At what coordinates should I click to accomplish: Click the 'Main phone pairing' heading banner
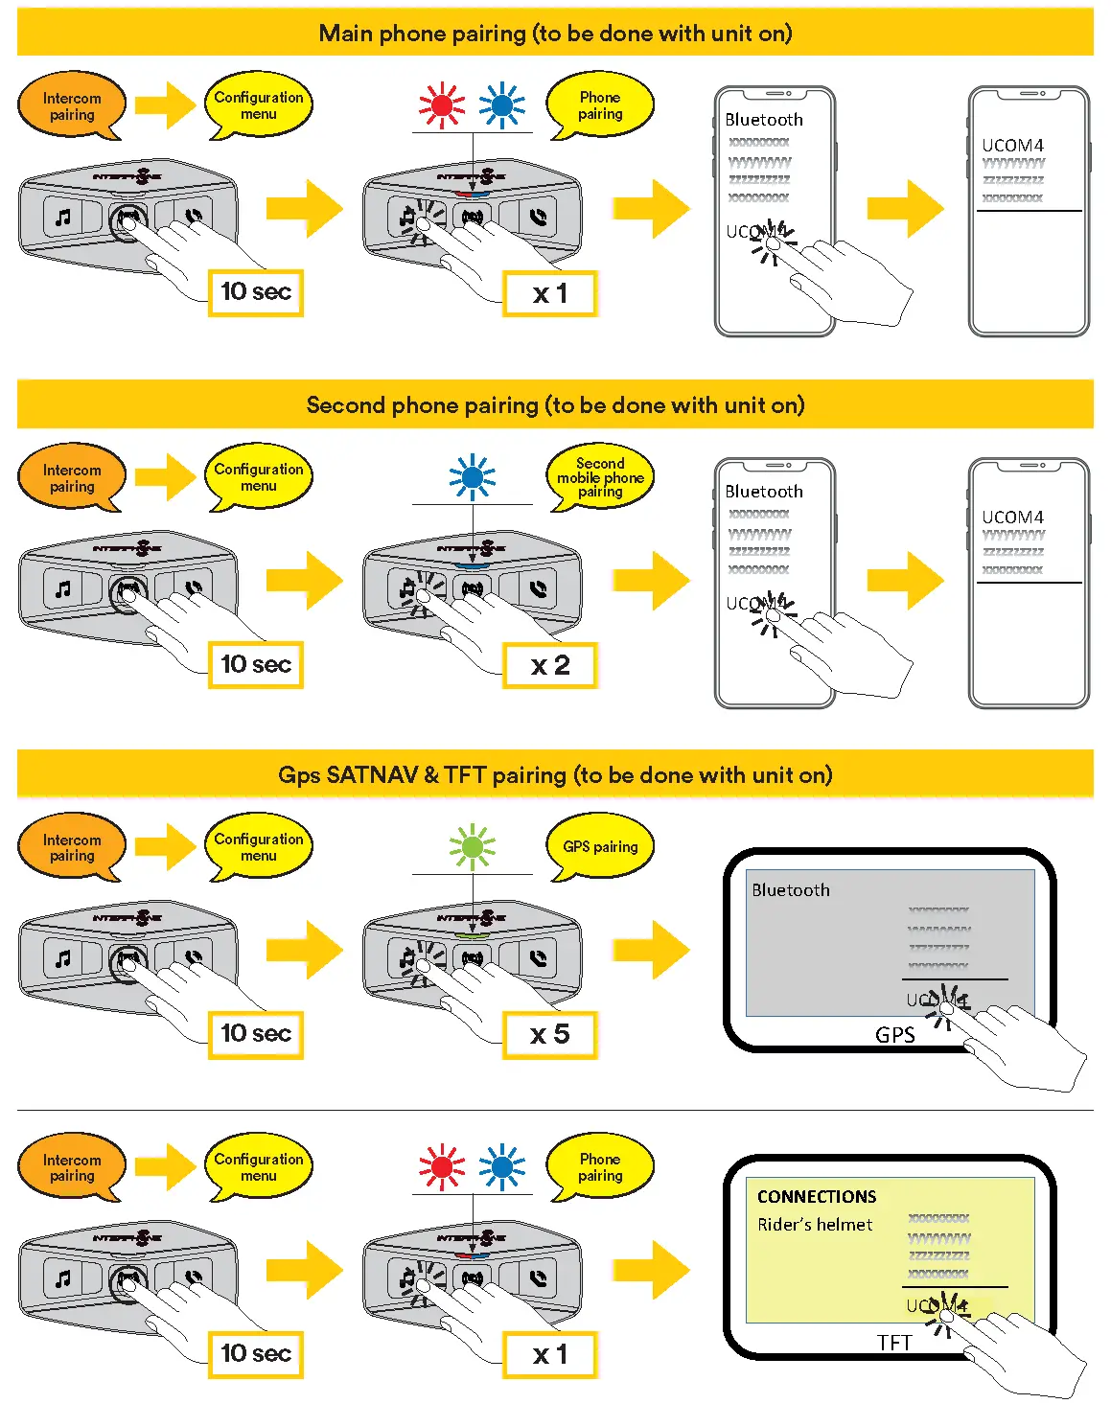click(x=555, y=34)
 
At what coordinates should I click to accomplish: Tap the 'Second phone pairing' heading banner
click(x=555, y=405)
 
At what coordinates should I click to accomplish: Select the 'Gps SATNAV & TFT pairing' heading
click(x=555, y=775)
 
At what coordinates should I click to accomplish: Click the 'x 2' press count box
click(x=550, y=665)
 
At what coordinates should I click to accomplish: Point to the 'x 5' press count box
click(x=550, y=1035)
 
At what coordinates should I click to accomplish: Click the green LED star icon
click(x=473, y=847)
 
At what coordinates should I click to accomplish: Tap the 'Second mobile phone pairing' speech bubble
click(x=600, y=477)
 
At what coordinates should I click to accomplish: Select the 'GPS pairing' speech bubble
click(x=600, y=847)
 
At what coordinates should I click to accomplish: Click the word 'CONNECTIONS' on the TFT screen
click(x=817, y=1197)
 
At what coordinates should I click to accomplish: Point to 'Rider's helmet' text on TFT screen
click(x=815, y=1225)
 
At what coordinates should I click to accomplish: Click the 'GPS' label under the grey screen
click(x=894, y=1035)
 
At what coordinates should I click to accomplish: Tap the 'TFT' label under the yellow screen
click(x=894, y=1343)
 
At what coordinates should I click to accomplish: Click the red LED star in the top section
click(x=442, y=105)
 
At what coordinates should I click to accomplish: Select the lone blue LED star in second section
click(x=473, y=477)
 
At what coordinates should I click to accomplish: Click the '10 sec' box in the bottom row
click(x=256, y=1354)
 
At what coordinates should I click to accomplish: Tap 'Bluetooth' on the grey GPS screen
click(x=791, y=890)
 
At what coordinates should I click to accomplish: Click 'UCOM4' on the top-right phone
click(x=1012, y=146)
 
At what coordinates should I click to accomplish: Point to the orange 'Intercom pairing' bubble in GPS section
click(x=72, y=848)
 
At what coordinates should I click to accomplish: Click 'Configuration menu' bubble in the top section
click(x=259, y=105)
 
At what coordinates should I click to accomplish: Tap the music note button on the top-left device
click(x=63, y=218)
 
